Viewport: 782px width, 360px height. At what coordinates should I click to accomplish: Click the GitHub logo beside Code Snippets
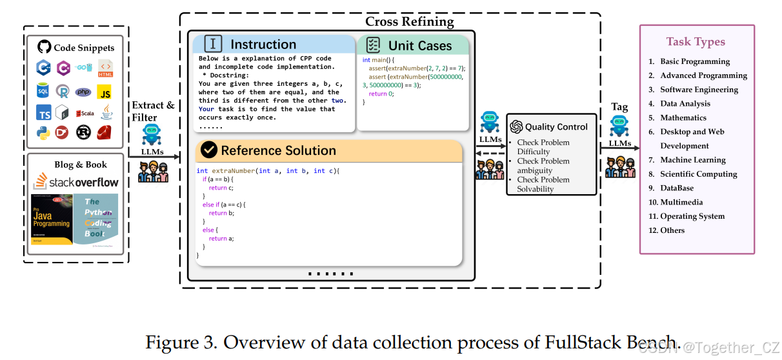(44, 47)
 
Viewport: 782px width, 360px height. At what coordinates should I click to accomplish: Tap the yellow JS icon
(105, 92)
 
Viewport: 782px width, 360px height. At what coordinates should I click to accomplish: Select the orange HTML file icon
(105, 68)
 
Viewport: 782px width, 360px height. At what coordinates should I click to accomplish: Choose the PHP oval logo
(83, 92)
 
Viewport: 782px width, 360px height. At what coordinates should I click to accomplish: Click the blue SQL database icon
(44, 91)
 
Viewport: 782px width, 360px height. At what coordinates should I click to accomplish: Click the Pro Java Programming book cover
(52, 219)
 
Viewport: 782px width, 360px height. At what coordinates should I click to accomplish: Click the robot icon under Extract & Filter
(152, 136)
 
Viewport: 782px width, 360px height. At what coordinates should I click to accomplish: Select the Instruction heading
(263, 45)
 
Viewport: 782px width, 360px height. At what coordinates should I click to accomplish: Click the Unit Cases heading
(419, 45)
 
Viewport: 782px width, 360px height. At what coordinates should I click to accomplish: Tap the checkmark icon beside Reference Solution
(208, 150)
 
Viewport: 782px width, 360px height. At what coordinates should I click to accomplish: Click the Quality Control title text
(556, 127)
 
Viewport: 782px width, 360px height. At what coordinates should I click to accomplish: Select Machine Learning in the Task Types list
(692, 160)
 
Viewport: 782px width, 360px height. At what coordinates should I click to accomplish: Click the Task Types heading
(696, 42)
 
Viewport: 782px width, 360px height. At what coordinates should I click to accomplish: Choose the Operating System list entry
(692, 216)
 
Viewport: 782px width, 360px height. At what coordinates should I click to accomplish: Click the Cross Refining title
(409, 21)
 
